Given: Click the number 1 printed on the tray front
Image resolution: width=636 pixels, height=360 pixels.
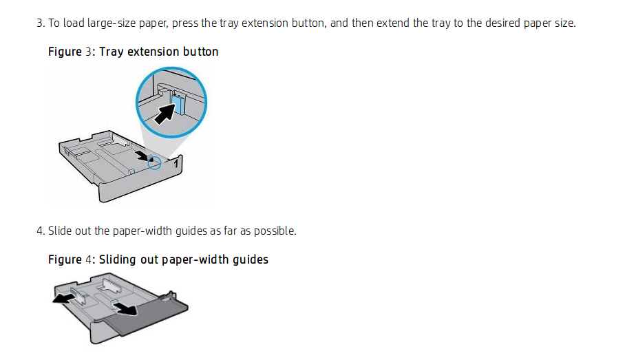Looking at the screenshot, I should [x=176, y=164].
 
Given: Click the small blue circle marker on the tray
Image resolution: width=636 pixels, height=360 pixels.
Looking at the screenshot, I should [x=155, y=162].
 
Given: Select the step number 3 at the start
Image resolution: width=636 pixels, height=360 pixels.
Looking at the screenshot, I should [x=39, y=23].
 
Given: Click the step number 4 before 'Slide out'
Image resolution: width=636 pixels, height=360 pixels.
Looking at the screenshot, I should [x=39, y=231].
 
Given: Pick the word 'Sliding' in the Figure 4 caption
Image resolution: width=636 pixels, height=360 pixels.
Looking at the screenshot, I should [x=118, y=260].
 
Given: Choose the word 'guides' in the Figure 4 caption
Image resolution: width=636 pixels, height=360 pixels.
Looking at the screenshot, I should [x=250, y=260].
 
